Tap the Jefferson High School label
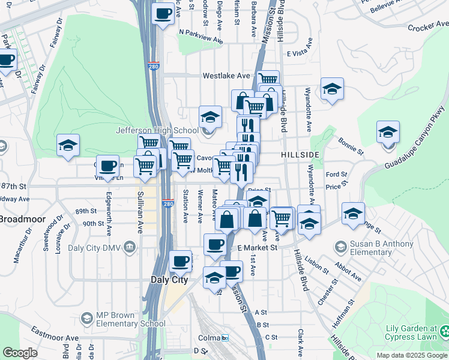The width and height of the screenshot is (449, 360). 157,130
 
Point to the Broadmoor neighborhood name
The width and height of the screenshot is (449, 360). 19,218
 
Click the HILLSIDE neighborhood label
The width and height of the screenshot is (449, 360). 300,155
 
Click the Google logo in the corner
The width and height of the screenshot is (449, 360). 20,353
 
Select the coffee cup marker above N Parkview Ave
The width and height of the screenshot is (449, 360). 162,14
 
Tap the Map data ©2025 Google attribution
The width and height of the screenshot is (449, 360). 411,355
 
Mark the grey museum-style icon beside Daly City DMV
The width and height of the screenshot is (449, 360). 129,247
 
